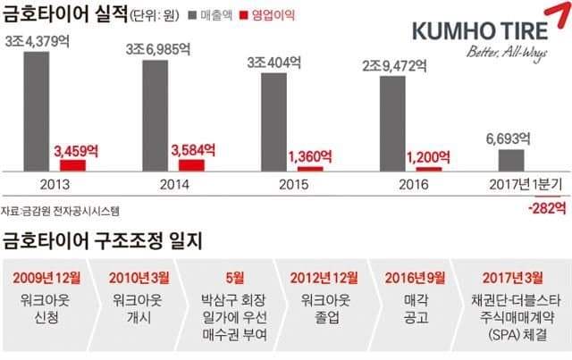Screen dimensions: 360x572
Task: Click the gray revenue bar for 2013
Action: (36, 111)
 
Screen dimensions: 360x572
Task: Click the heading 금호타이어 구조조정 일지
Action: (103, 239)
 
